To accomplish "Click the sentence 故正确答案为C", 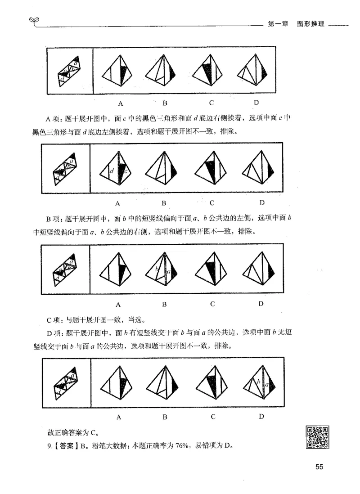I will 72,433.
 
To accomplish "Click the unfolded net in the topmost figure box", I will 69,70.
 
